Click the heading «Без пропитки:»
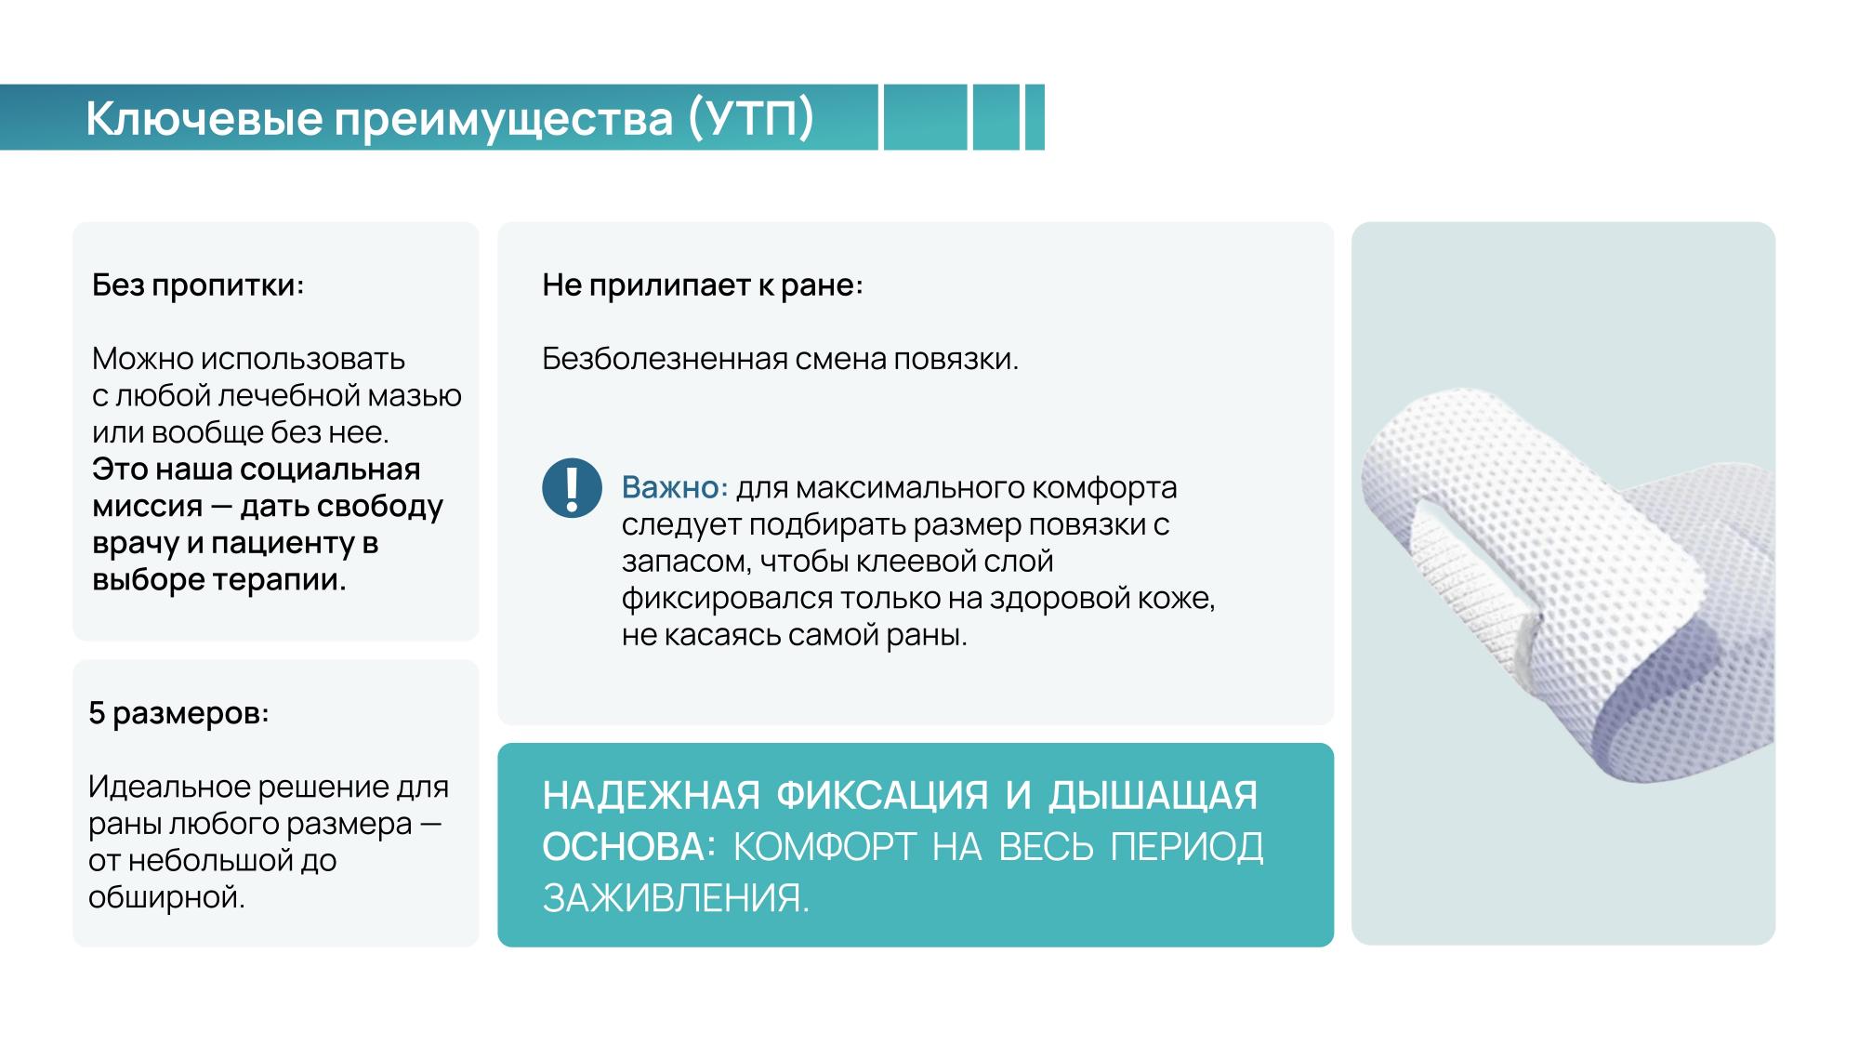(198, 285)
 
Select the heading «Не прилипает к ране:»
(703, 285)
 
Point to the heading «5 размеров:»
(178, 714)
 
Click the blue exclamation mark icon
(572, 487)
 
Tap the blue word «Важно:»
(675, 487)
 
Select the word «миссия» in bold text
(147, 507)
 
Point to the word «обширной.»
(167, 898)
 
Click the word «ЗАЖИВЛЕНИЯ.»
(676, 899)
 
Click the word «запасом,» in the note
(686, 562)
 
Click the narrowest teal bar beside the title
(1035, 117)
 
